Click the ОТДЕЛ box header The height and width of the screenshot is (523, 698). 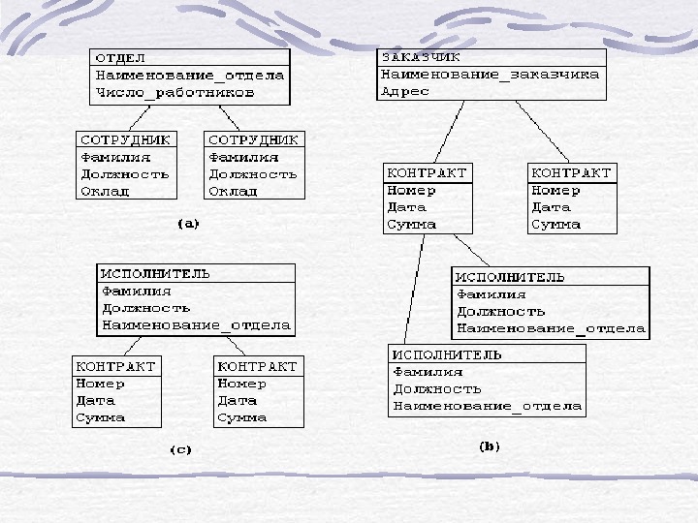coord(118,57)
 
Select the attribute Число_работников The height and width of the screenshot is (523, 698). coord(174,93)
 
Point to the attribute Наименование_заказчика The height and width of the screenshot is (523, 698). coord(491,75)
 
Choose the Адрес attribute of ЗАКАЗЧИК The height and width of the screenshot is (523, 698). coord(405,92)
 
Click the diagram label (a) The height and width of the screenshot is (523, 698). coord(188,224)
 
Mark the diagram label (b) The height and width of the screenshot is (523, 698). coord(490,446)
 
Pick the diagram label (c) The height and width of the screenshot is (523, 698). coord(181,449)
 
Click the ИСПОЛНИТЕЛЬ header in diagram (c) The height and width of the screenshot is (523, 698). coord(156,272)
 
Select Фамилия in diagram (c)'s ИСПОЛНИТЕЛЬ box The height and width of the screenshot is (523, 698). coord(137,290)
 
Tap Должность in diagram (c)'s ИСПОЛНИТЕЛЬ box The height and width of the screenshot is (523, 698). coord(145,307)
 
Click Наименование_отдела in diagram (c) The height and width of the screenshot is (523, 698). coord(196,324)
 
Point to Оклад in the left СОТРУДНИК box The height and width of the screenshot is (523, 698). coord(105,192)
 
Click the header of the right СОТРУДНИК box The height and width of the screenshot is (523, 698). coord(254,140)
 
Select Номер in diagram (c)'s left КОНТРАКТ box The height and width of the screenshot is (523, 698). coord(101,384)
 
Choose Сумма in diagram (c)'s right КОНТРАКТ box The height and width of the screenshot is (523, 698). coord(242,418)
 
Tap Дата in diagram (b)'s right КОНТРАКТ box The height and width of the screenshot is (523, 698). coord(552,207)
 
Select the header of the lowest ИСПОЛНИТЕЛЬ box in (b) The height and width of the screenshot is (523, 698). coord(447,354)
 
